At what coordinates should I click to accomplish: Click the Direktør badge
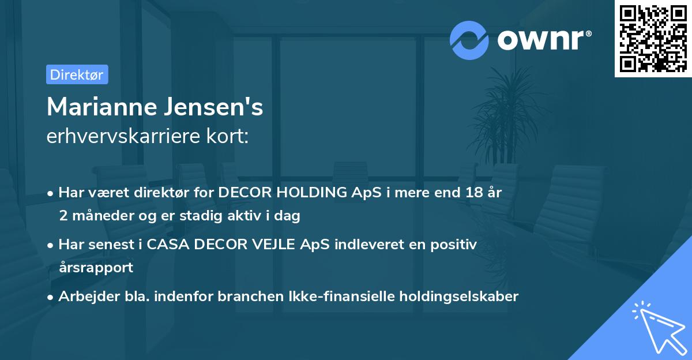77,74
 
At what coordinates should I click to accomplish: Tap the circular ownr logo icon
468,40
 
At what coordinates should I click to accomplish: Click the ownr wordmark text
543,40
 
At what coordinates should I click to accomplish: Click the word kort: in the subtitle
229,136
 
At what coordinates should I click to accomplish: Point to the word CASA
167,245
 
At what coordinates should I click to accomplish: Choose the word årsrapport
96,267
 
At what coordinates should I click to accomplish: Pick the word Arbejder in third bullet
84,296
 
